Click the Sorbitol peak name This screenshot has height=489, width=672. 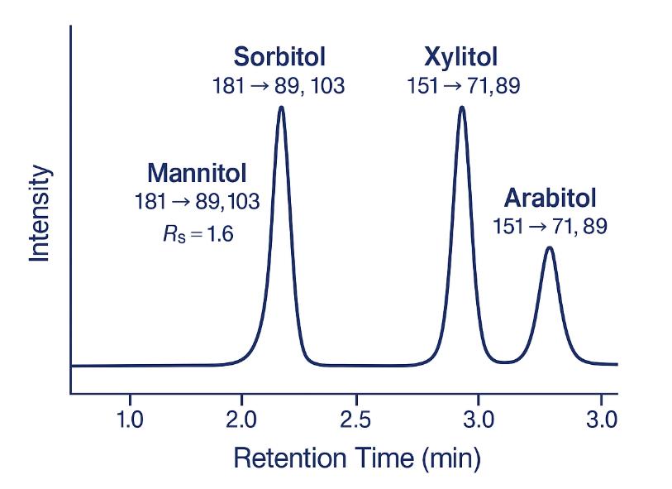279,57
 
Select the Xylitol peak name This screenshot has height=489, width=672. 461,57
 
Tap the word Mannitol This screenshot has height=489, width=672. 197,174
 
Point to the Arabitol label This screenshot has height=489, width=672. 550,199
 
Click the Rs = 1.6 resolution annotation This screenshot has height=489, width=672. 198,234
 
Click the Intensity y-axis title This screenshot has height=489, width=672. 41,213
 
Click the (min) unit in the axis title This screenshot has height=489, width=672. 452,458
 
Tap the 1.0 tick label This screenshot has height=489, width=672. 130,419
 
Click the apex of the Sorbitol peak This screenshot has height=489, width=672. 281,107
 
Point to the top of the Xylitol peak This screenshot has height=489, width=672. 461,107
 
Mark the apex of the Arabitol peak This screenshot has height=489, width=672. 549,247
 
